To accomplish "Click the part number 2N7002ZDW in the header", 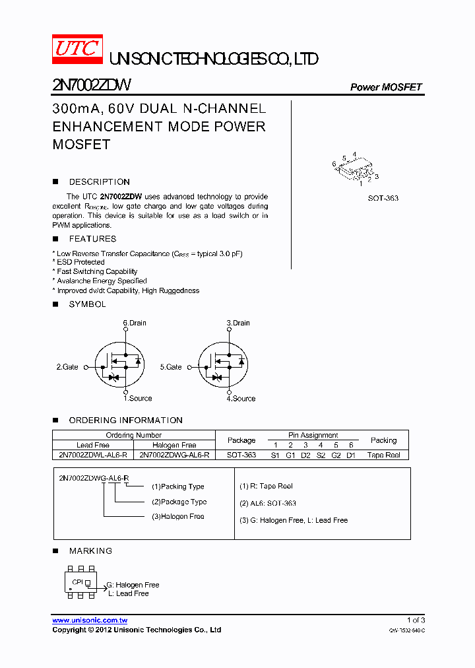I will coord(92,86).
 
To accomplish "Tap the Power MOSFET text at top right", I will coord(385,87).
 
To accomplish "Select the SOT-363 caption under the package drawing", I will coord(383,198).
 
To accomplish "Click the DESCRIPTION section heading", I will coord(99,182).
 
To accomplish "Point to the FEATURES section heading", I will coord(92,239).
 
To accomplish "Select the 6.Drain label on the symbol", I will coord(135,323).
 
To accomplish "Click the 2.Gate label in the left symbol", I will coord(67,366).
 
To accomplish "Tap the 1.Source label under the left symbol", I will coord(137,398).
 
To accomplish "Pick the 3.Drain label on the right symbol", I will coord(238,323).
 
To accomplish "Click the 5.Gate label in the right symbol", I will coord(171,366).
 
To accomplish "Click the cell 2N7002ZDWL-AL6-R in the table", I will coord(93,455).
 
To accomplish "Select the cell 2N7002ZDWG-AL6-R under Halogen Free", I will coord(174,455).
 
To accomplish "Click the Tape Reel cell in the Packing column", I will coord(383,455).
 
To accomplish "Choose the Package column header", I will coord(241,440).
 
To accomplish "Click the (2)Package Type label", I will coord(179,502).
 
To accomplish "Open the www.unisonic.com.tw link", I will coord(90,620).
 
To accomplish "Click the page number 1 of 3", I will coord(416,620).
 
